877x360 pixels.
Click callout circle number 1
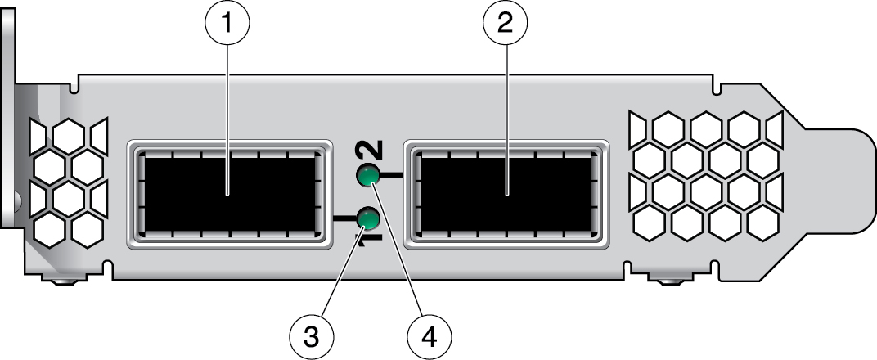coord(227,24)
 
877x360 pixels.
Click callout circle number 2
coord(506,24)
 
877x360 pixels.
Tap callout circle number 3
coord(312,336)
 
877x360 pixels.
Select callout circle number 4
coord(429,336)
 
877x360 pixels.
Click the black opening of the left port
coord(229,194)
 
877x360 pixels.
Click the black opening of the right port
coord(506,194)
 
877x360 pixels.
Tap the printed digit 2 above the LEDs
coord(369,150)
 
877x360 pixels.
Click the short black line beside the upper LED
coord(391,177)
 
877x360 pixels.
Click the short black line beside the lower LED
coord(344,218)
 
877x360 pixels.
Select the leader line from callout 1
coord(227,121)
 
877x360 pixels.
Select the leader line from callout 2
coord(506,121)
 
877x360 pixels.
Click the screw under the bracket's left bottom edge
coord(65,281)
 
